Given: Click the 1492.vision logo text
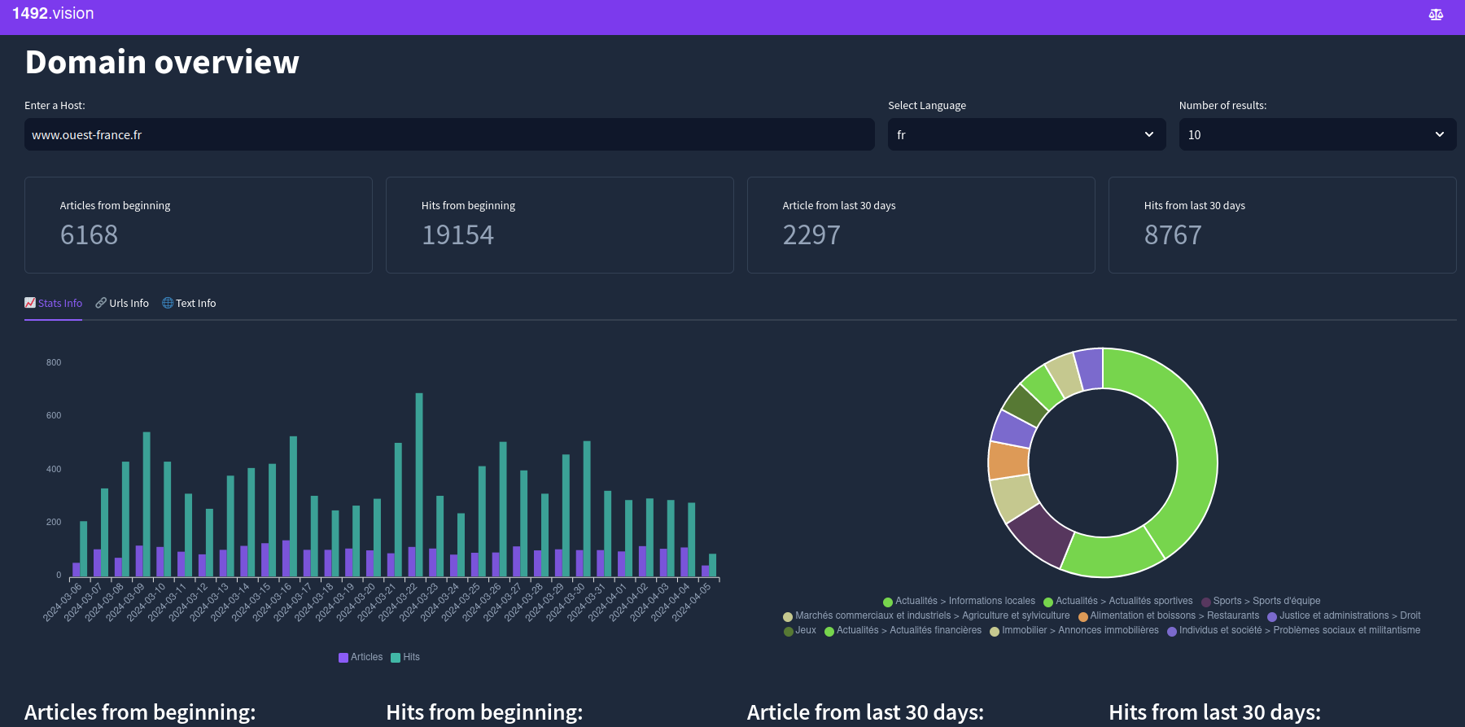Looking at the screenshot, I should (53, 14).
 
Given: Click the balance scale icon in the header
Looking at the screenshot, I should (1436, 15).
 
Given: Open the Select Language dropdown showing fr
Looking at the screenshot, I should (1026, 134).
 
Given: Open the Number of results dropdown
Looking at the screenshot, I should (1317, 134).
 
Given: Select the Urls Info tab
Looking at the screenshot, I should (122, 303).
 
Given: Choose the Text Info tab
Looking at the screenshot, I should (189, 303).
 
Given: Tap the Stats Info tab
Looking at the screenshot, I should (54, 303).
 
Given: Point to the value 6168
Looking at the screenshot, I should (90, 235).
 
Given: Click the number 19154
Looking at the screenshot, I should (457, 235).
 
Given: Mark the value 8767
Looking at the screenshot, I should (1173, 235).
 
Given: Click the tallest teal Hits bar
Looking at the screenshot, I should (419, 484).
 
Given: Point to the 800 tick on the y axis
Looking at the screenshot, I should (54, 362).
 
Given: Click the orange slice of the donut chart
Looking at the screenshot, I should (1008, 460).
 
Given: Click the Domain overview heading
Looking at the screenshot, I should (162, 63).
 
